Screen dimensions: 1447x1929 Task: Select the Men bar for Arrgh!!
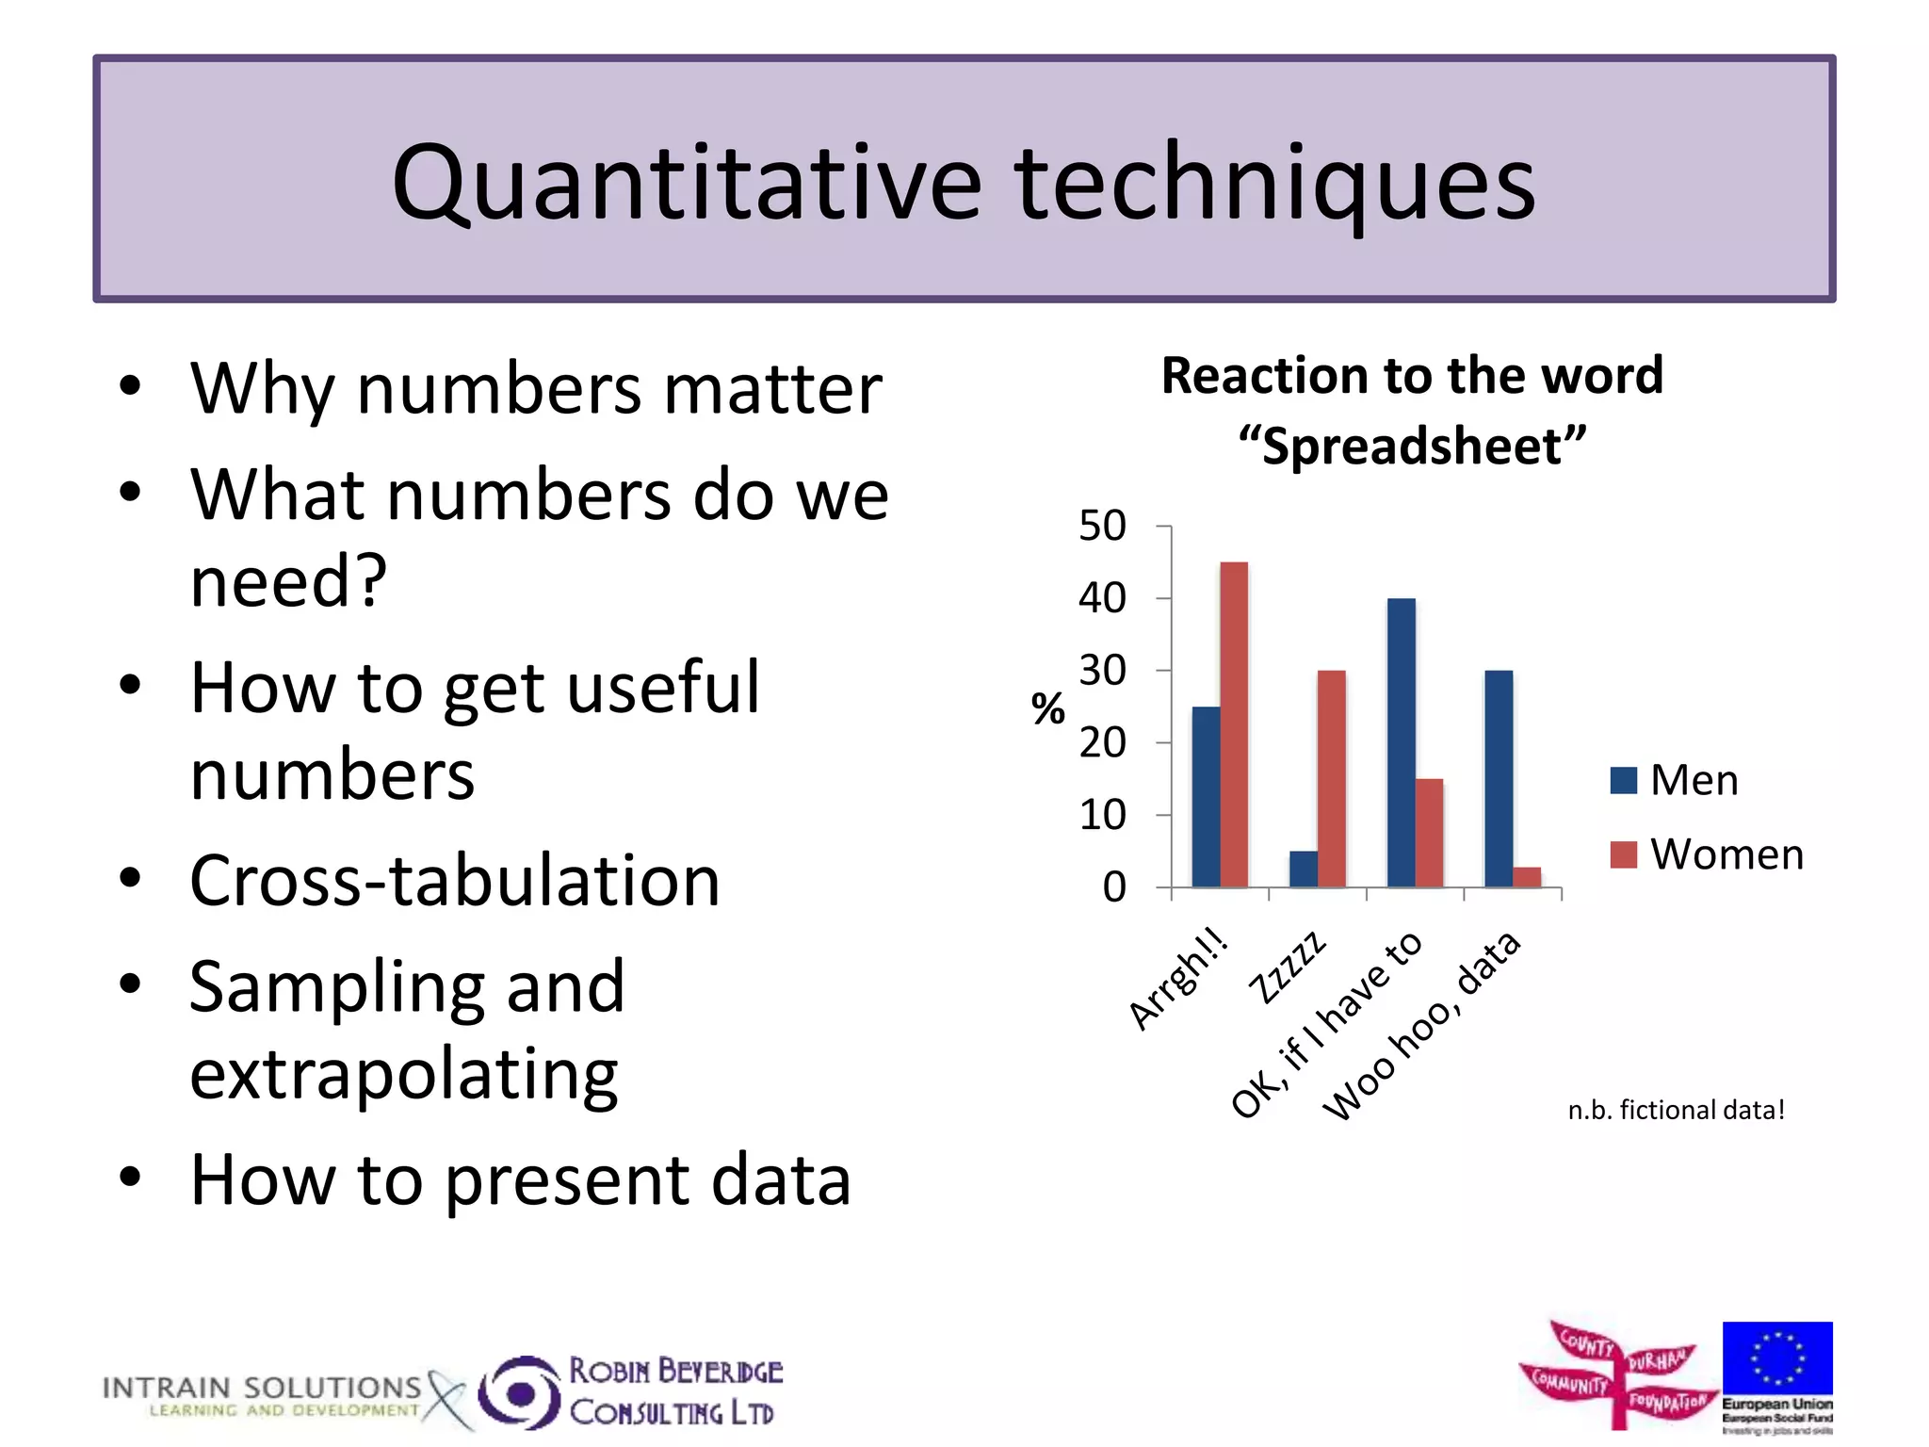pos(1206,797)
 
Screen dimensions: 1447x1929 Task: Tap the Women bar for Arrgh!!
pos(1234,724)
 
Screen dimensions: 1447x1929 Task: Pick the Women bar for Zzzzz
pos(1331,778)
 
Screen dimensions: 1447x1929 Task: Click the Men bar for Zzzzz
pos(1303,869)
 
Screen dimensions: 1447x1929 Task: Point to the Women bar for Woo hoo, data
pos(1527,877)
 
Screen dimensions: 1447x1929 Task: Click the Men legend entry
pos(1675,780)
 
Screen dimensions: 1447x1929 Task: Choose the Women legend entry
pos(1707,854)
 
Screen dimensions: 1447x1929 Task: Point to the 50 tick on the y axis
pos(1102,526)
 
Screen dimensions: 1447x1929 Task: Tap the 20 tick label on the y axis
pos(1102,743)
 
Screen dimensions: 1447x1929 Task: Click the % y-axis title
pos(1047,708)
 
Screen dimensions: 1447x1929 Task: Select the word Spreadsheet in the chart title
pos(1411,446)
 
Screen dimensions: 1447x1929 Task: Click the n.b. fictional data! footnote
pos(1676,1110)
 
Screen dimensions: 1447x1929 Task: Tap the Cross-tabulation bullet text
pos(455,880)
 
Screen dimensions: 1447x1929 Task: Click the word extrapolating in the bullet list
pos(404,1073)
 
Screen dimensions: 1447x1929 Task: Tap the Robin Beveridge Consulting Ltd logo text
pos(674,1391)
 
